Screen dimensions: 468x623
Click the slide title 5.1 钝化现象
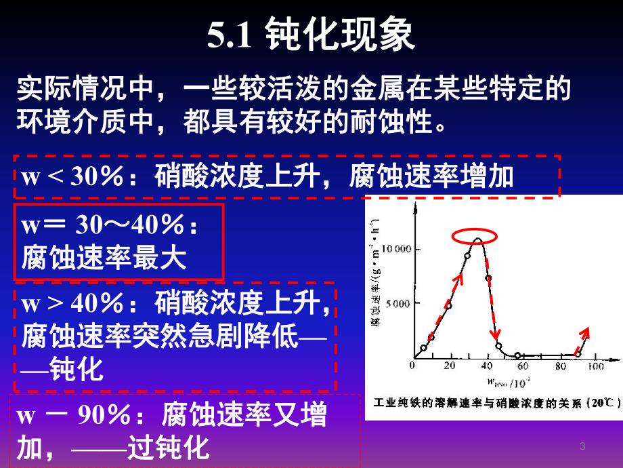pyautogui.click(x=311, y=35)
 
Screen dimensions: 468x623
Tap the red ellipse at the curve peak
pyautogui.click(x=476, y=235)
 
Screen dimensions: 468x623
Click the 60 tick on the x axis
pyautogui.click(x=521, y=366)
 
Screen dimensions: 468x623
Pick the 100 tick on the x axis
pyautogui.click(x=596, y=366)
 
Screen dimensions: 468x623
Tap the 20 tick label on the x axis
pyautogui.click(x=448, y=366)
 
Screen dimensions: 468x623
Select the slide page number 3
pyautogui.click(x=582, y=446)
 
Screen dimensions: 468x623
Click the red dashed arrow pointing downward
pyautogui.click(x=494, y=305)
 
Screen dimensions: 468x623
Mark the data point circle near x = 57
pyautogui.click(x=518, y=355)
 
